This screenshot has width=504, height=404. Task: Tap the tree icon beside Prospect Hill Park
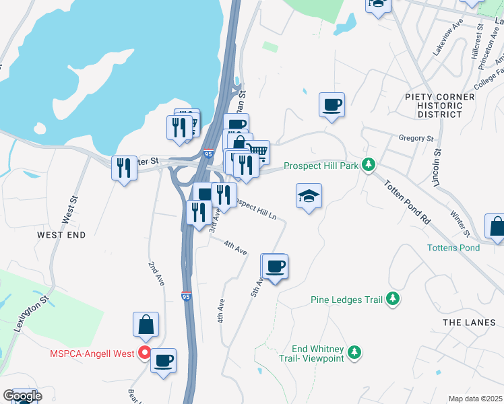(368, 164)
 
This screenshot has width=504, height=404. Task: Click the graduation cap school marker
(309, 196)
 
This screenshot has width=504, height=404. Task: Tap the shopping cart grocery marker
(257, 151)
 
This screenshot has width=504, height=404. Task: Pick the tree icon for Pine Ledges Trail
(393, 300)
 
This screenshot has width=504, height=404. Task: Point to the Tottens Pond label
(453, 248)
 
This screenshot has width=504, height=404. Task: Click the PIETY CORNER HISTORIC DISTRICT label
(439, 106)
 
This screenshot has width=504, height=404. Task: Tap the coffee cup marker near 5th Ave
(274, 267)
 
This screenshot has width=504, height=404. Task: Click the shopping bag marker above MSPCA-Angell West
(146, 325)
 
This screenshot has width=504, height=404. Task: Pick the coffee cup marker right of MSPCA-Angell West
(163, 360)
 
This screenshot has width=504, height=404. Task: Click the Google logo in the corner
(22, 395)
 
